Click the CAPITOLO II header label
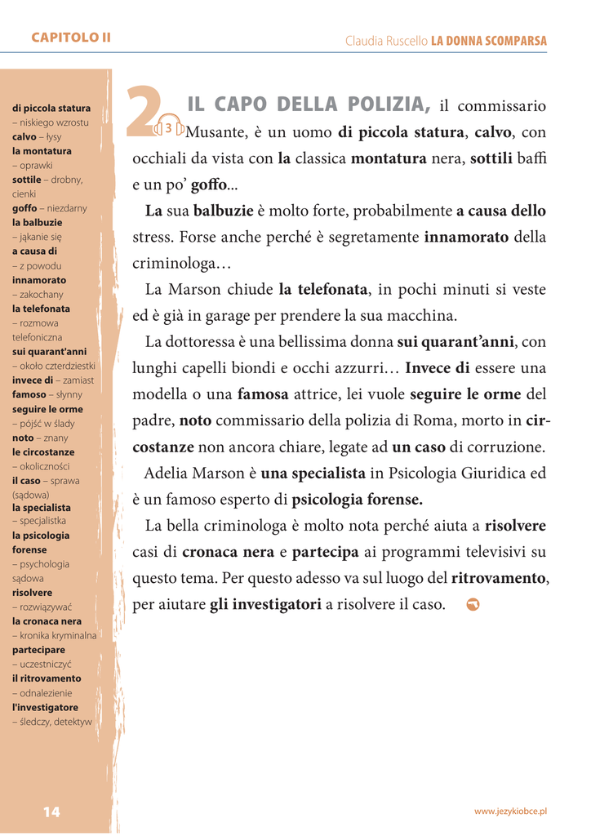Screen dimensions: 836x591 (x=71, y=38)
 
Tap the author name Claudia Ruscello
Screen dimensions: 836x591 (x=386, y=41)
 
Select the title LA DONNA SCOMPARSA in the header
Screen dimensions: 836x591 (x=489, y=41)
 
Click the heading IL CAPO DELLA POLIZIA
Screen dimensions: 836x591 (x=309, y=104)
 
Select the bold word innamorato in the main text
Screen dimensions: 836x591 (x=466, y=238)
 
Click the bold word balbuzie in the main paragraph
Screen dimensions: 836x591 (x=223, y=211)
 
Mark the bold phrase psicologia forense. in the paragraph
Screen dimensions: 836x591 (x=358, y=500)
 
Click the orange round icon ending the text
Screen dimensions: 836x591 (x=473, y=604)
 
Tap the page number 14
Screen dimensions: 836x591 (x=51, y=812)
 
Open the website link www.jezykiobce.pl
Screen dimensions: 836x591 (x=510, y=811)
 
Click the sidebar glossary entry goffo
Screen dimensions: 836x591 (x=24, y=208)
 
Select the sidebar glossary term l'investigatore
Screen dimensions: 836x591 (x=45, y=707)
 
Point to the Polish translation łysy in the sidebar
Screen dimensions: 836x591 (x=53, y=137)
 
